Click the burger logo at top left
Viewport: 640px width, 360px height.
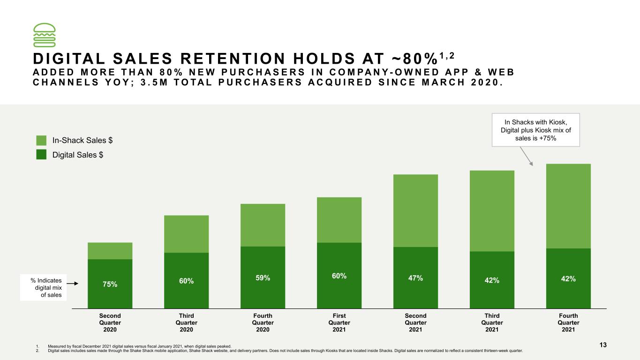[44, 35]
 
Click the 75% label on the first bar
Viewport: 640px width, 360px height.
[110, 284]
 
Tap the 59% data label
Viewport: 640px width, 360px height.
[263, 277]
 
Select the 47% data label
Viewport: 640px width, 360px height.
[415, 278]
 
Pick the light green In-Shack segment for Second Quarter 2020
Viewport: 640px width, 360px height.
[110, 251]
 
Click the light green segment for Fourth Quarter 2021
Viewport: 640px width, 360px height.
[568, 206]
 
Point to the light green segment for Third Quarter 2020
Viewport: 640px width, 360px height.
[186, 234]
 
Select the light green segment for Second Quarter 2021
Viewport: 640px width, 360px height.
[415, 211]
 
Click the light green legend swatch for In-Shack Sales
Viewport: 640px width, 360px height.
[41, 140]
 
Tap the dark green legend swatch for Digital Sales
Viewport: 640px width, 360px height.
[41, 155]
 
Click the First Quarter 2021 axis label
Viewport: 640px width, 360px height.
[339, 322]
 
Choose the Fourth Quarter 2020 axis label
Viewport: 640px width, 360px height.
[263, 322]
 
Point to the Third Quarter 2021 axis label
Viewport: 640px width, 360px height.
[492, 322]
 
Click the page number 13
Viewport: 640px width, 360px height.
[603, 345]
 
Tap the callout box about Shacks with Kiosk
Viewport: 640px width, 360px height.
[536, 130]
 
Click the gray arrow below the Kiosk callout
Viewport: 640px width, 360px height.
[526, 156]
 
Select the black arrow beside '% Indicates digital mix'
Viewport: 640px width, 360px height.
[72, 284]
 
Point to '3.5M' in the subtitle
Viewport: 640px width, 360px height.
[154, 82]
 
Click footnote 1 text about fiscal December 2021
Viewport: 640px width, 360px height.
[139, 346]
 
